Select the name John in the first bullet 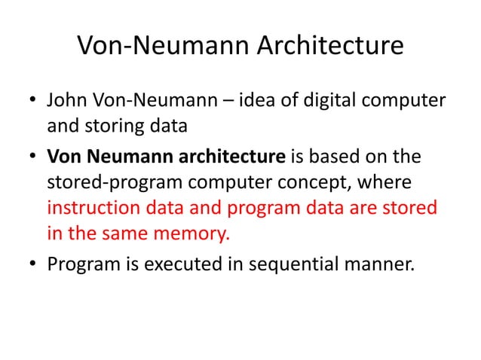67,100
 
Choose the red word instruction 92,206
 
